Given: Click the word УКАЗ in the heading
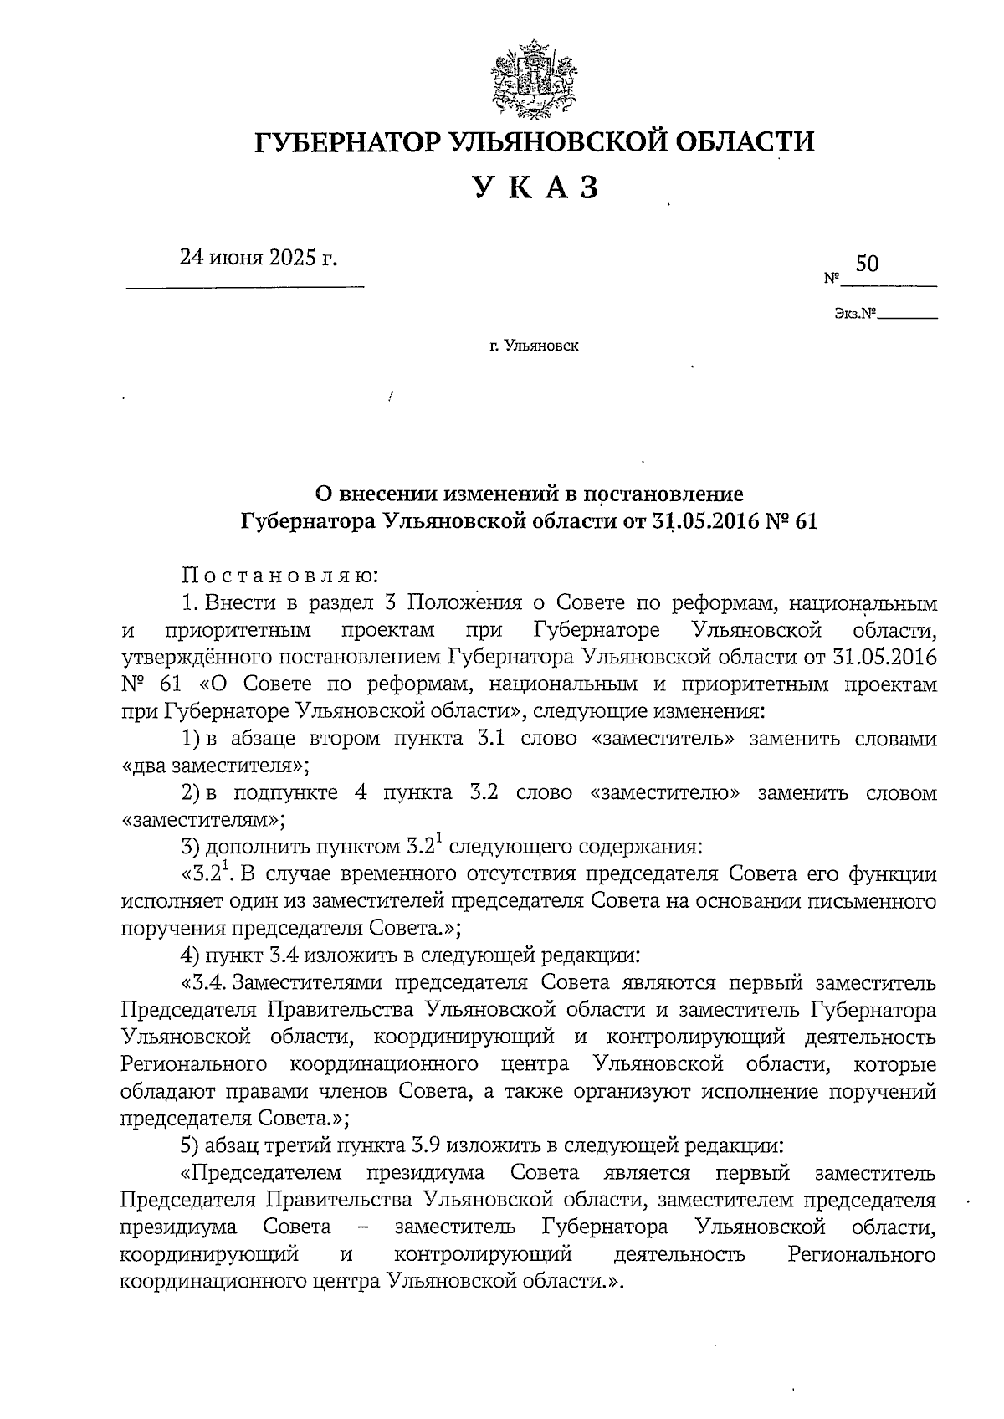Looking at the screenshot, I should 536,187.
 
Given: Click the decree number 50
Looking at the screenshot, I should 868,264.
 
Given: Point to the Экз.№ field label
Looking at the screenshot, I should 854,315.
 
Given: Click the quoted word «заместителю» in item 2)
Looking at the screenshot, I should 664,792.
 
